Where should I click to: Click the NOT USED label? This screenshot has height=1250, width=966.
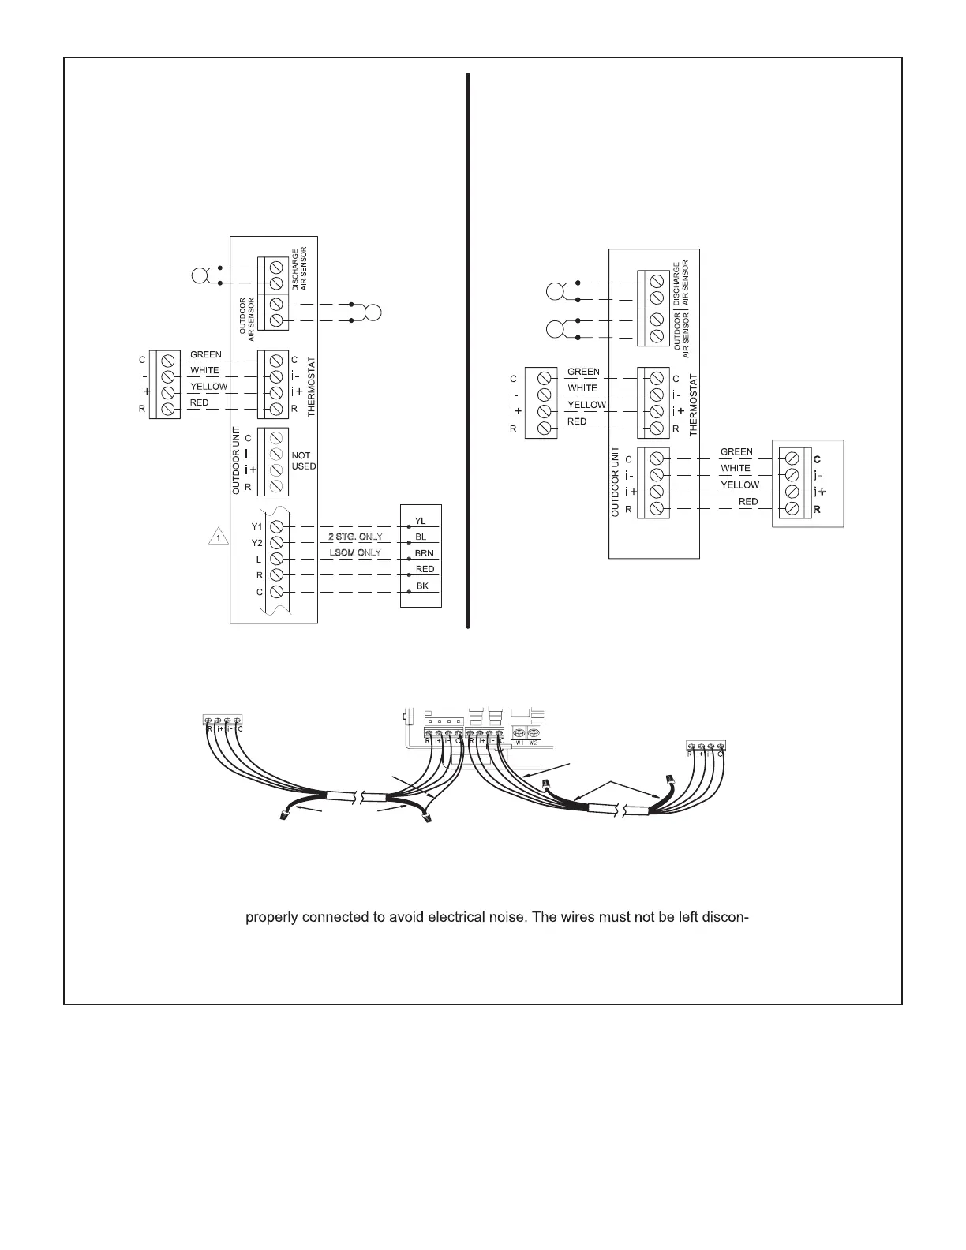click(303, 461)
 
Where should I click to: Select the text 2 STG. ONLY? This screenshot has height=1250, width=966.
click(355, 537)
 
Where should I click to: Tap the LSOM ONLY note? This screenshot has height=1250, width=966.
click(355, 552)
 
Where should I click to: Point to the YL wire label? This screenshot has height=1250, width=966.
click(420, 521)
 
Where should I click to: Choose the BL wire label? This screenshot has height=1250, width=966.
click(420, 537)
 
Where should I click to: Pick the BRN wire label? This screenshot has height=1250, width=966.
click(424, 553)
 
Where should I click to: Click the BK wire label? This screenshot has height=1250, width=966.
click(421, 586)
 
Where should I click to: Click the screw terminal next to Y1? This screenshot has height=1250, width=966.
click(277, 526)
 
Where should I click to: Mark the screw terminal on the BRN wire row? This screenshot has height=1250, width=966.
click(277, 559)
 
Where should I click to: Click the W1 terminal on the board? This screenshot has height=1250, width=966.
click(519, 733)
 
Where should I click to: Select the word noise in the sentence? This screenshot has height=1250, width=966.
click(497, 918)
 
